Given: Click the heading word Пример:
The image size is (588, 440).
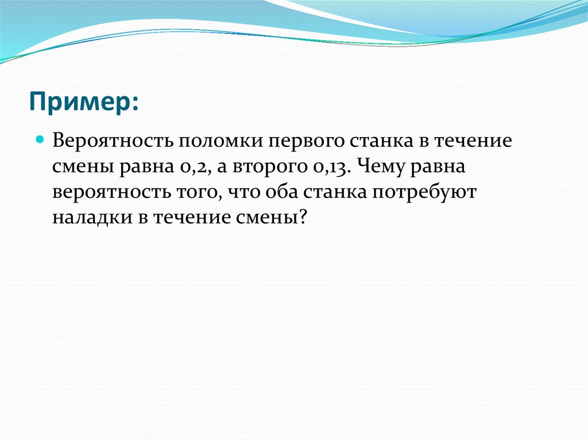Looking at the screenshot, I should pos(84,104).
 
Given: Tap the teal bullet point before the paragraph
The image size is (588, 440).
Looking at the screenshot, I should pos(40,139).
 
